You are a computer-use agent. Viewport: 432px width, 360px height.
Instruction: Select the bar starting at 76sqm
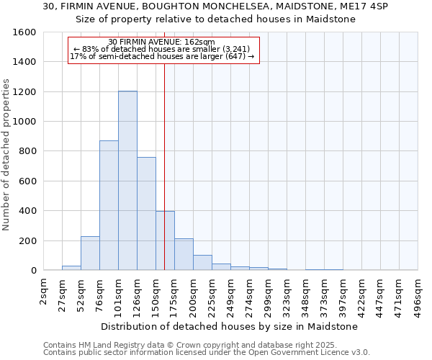(x=109, y=205)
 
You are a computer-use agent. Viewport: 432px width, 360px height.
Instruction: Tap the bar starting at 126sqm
(x=146, y=213)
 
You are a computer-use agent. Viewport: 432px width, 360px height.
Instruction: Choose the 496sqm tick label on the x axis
(x=418, y=294)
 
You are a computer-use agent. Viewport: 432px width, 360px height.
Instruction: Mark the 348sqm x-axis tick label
(x=306, y=294)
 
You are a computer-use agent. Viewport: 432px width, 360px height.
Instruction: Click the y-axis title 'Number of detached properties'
(x=6, y=151)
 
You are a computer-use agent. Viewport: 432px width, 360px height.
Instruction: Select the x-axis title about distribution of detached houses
(x=229, y=326)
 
